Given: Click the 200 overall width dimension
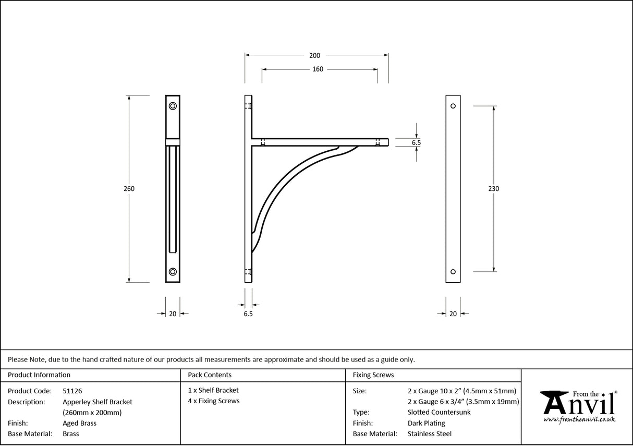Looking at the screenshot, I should (314, 55).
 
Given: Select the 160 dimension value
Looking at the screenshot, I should (318, 69).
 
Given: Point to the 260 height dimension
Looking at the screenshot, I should (129, 189).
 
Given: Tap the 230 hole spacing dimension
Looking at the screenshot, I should (493, 189).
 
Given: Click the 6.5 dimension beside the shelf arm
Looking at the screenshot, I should (416, 142).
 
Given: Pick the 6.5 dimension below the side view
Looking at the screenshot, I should (248, 314).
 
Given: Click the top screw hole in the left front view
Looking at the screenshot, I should (173, 106).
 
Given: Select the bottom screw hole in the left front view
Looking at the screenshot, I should (173, 271).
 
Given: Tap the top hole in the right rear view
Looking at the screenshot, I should (453, 106).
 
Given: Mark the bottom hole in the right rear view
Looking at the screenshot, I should (453, 271).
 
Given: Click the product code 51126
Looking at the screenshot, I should (72, 391).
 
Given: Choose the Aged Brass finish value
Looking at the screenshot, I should (79, 423).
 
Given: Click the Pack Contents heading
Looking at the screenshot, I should (210, 375).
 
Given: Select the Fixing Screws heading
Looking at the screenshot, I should (373, 375).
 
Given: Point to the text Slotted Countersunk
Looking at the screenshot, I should (439, 412).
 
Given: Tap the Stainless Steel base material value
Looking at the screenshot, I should (429, 434).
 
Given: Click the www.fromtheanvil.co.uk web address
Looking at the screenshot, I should (579, 419).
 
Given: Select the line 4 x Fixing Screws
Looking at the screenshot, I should (214, 401).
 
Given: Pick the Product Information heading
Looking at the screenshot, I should (39, 375).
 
